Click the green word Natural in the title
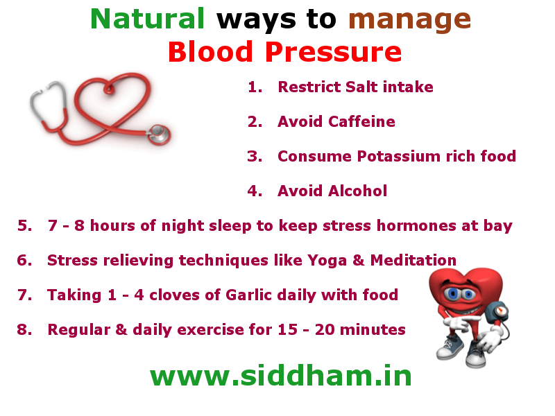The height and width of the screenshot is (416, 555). (147, 19)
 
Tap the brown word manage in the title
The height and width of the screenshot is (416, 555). (410, 19)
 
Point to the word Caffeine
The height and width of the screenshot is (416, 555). (361, 122)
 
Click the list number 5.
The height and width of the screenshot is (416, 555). (24, 226)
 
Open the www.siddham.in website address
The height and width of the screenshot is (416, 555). (281, 376)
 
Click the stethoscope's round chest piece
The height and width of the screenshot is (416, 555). (159, 132)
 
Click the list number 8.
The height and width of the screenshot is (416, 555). (24, 330)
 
